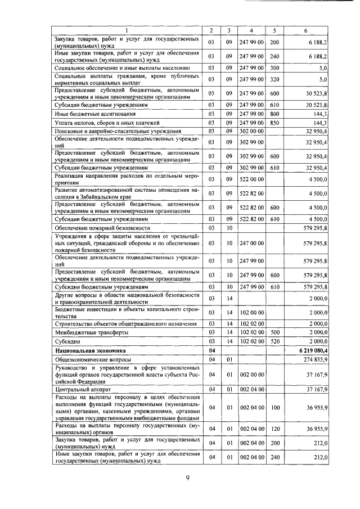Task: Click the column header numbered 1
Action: click(x=126, y=30)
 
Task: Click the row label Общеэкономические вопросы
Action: click(x=93, y=359)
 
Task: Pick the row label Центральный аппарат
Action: click(x=79, y=388)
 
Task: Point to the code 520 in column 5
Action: click(x=274, y=341)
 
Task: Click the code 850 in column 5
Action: click(x=274, y=122)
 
